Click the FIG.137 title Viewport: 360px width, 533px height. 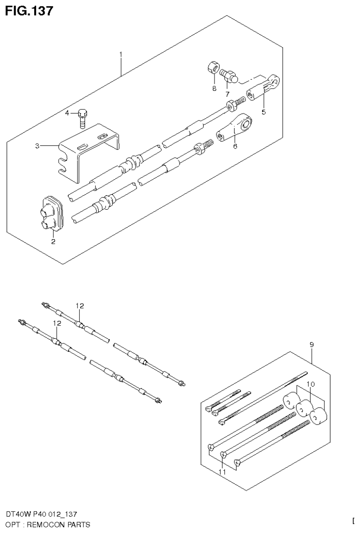tap(29, 10)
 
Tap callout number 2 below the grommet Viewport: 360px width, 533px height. tap(53, 242)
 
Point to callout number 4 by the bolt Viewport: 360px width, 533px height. tap(67, 113)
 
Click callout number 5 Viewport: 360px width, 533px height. tap(263, 112)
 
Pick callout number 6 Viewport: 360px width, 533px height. tap(235, 146)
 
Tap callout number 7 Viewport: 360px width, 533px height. tap(227, 94)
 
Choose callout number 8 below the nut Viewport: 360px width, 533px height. tap(214, 88)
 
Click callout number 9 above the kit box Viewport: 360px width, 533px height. tap(312, 345)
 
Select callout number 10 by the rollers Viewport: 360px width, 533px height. tap(310, 384)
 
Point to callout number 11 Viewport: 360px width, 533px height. tap(222, 472)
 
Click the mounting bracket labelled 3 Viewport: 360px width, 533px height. tap(89, 150)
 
